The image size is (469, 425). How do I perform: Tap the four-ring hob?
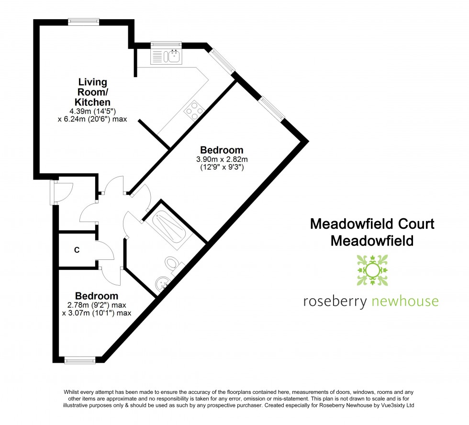click(x=195, y=111)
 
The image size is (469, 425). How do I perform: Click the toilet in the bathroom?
click(x=173, y=265)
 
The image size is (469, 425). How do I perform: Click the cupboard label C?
click(x=77, y=249)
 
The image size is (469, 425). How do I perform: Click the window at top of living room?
click(x=83, y=21)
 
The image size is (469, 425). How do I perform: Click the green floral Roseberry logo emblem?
click(x=372, y=270)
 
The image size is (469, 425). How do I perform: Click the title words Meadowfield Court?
click(x=372, y=224)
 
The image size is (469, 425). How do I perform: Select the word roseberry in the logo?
click(x=335, y=301)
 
